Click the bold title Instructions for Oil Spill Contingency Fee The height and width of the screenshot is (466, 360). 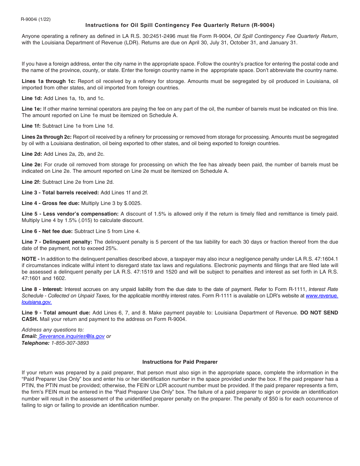[x=180, y=25]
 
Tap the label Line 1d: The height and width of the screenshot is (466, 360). [x=32, y=99]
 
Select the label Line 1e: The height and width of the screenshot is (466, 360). [x=32, y=109]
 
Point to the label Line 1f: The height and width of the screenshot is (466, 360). [x=31, y=126]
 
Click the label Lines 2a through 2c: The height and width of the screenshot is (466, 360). [x=47, y=137]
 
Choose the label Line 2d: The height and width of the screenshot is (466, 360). [x=32, y=154]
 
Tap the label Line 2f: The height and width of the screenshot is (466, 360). [x=31, y=182]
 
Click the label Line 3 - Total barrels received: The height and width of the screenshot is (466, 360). [x=60, y=193]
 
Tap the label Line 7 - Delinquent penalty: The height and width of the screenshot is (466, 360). [x=57, y=242]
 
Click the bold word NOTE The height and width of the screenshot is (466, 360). [x=29, y=259]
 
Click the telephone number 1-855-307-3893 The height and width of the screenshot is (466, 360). [x=70, y=343]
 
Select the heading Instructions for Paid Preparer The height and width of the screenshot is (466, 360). [x=180, y=362]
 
